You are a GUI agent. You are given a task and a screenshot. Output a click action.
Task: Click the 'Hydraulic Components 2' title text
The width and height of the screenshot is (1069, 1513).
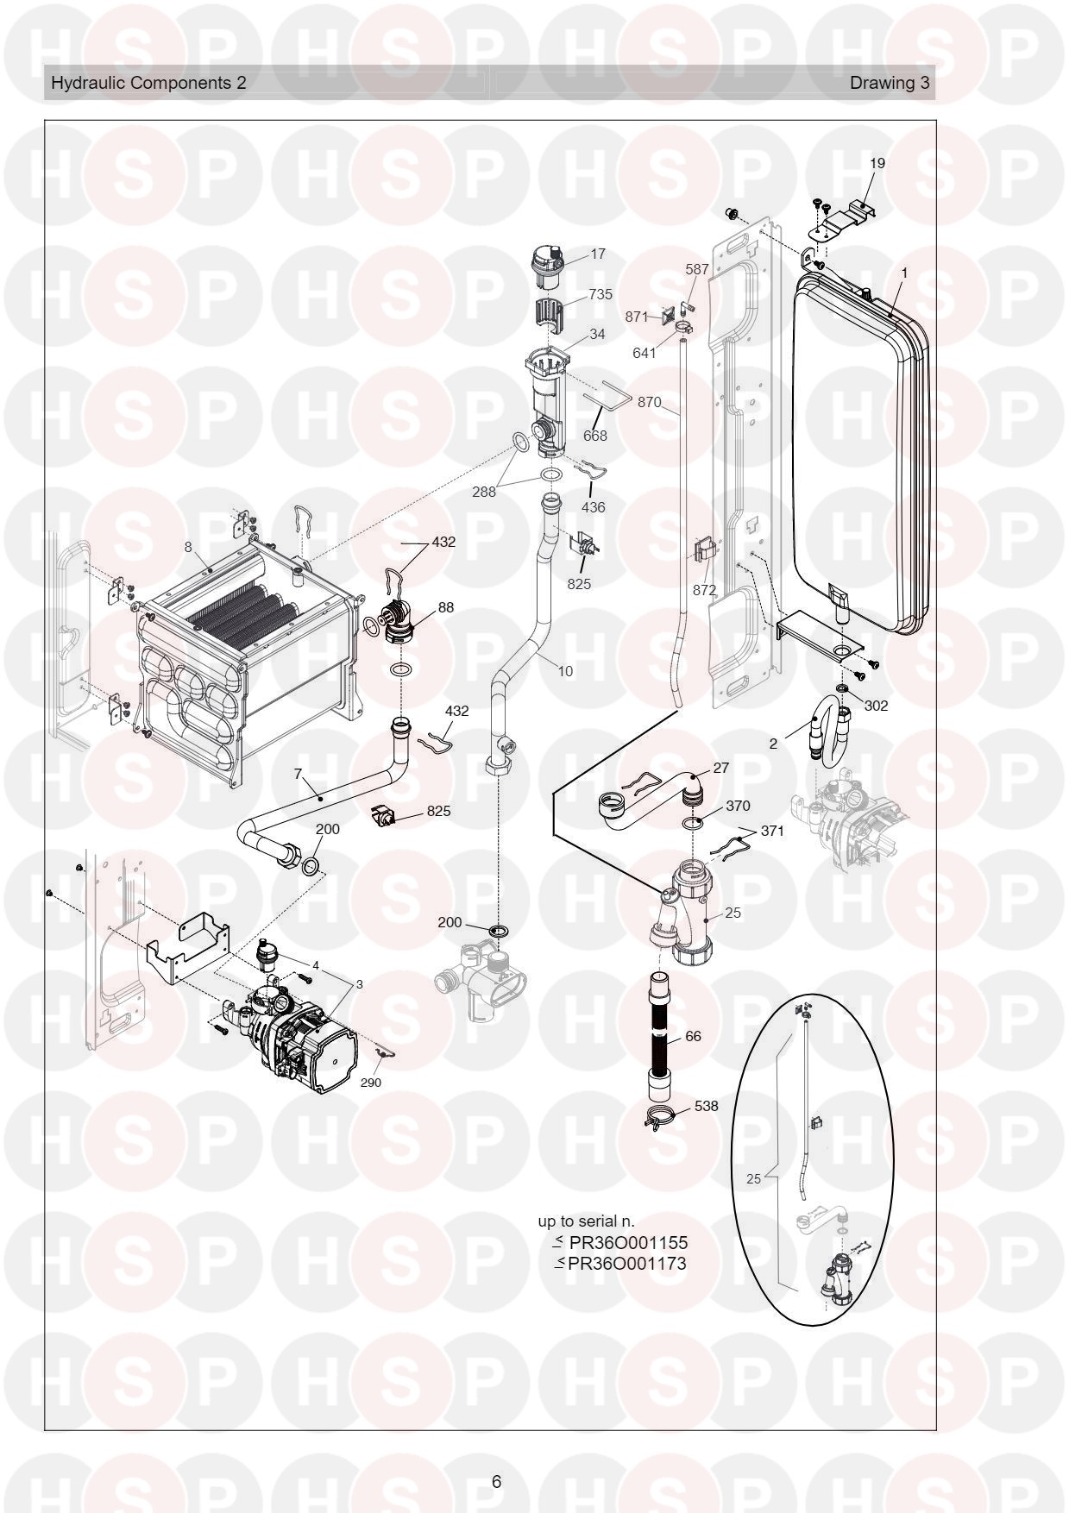(148, 83)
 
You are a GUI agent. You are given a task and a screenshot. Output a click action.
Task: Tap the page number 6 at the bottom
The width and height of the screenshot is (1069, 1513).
(496, 1482)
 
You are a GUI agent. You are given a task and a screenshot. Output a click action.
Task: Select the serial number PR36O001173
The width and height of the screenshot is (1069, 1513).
(622, 1264)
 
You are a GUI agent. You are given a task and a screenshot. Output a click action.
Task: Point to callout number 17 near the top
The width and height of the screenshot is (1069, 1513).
(598, 254)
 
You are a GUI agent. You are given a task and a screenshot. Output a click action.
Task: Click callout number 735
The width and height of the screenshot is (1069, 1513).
(601, 294)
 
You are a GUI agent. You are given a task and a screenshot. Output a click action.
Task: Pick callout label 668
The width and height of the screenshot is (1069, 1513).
(595, 436)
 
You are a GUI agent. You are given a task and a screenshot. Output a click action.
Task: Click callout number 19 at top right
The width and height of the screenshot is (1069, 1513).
(877, 163)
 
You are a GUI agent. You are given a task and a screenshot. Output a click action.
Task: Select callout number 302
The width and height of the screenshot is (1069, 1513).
(876, 706)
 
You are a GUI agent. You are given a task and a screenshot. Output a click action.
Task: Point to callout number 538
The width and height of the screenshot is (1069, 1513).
(706, 1106)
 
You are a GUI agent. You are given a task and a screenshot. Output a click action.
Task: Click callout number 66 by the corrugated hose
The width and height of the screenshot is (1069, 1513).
(693, 1036)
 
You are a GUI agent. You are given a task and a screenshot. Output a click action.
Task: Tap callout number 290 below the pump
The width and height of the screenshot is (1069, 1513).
(370, 1083)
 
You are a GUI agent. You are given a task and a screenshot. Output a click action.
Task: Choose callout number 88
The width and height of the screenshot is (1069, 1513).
(446, 607)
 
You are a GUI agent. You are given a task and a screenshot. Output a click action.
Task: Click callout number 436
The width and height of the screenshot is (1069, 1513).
(594, 507)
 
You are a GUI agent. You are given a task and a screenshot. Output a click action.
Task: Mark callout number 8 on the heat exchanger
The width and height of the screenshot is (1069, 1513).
(187, 546)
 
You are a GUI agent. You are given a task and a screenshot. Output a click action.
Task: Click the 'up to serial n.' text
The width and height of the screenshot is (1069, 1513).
(587, 1221)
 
